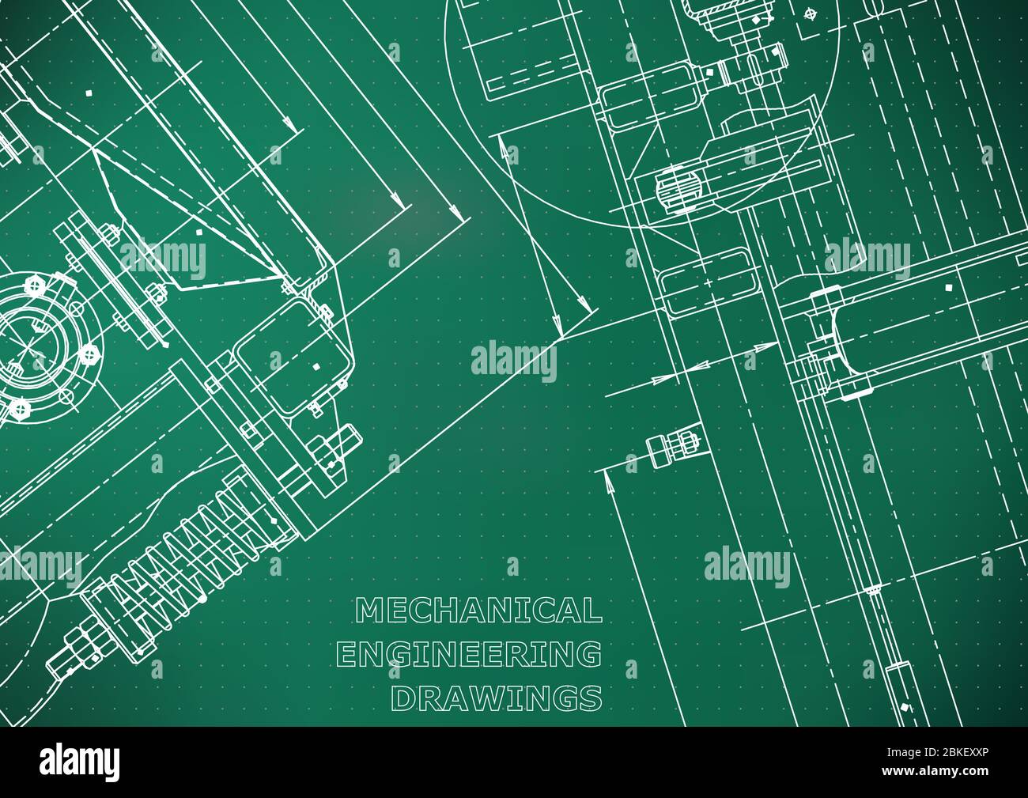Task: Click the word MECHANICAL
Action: click(x=478, y=610)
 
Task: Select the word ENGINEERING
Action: click(x=469, y=654)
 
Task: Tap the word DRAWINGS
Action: click(x=497, y=698)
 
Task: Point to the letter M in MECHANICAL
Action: click(x=368, y=610)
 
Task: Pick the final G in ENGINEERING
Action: click(x=588, y=654)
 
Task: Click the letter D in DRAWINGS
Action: click(x=406, y=698)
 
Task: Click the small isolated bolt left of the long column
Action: click(x=672, y=447)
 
